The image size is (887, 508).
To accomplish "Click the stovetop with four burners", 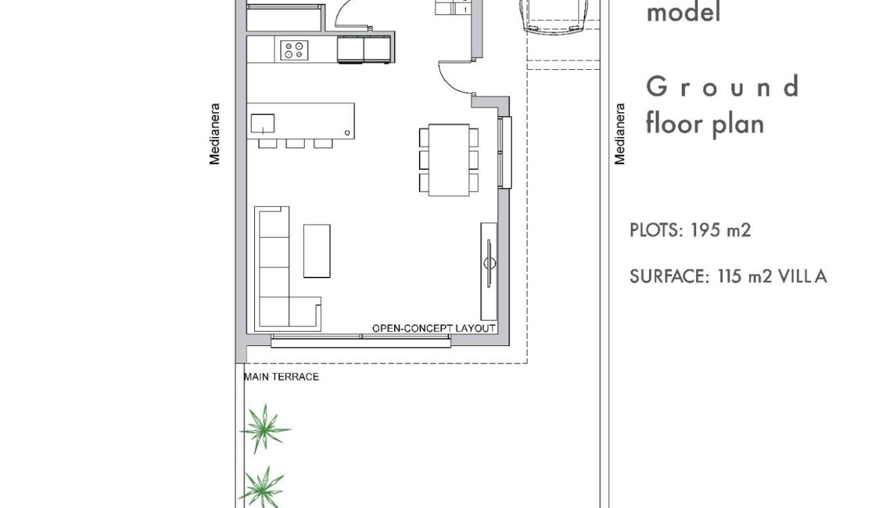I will click(295, 50).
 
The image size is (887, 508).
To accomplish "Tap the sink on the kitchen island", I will click(262, 124).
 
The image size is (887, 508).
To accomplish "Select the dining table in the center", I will click(449, 160).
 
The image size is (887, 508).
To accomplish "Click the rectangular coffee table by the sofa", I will click(317, 251).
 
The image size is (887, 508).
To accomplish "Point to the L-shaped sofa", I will click(276, 269).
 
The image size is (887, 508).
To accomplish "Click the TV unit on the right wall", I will click(489, 271).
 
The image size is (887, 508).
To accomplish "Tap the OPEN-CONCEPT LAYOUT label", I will click(434, 329).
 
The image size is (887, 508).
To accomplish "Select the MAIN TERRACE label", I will click(281, 377).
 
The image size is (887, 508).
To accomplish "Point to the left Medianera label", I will click(215, 133).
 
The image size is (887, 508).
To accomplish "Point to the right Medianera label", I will click(619, 133).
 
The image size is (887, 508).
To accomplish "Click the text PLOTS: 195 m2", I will click(690, 230).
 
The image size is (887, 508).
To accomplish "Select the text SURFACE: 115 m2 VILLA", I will click(728, 276).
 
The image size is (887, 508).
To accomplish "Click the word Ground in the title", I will click(722, 87).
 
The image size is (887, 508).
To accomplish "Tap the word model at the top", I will click(683, 12).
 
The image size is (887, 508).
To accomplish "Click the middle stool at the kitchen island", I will click(295, 143).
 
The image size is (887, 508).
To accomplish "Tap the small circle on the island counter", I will click(347, 133).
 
